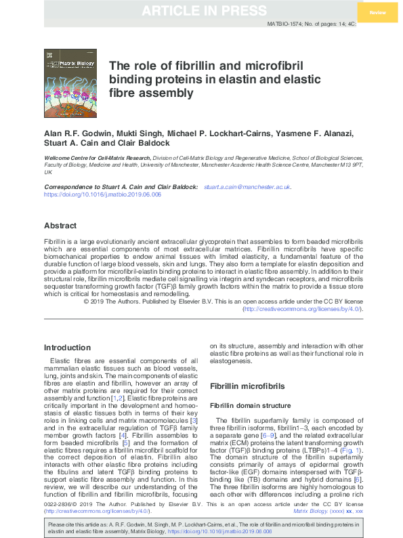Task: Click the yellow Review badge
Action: pos(378,13)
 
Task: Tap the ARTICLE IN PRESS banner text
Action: pos(201,11)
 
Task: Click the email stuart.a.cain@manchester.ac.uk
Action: pos(247,186)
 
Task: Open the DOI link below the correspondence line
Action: pos(102,194)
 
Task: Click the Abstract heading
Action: pos(60,226)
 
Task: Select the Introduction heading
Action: pos(67,348)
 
